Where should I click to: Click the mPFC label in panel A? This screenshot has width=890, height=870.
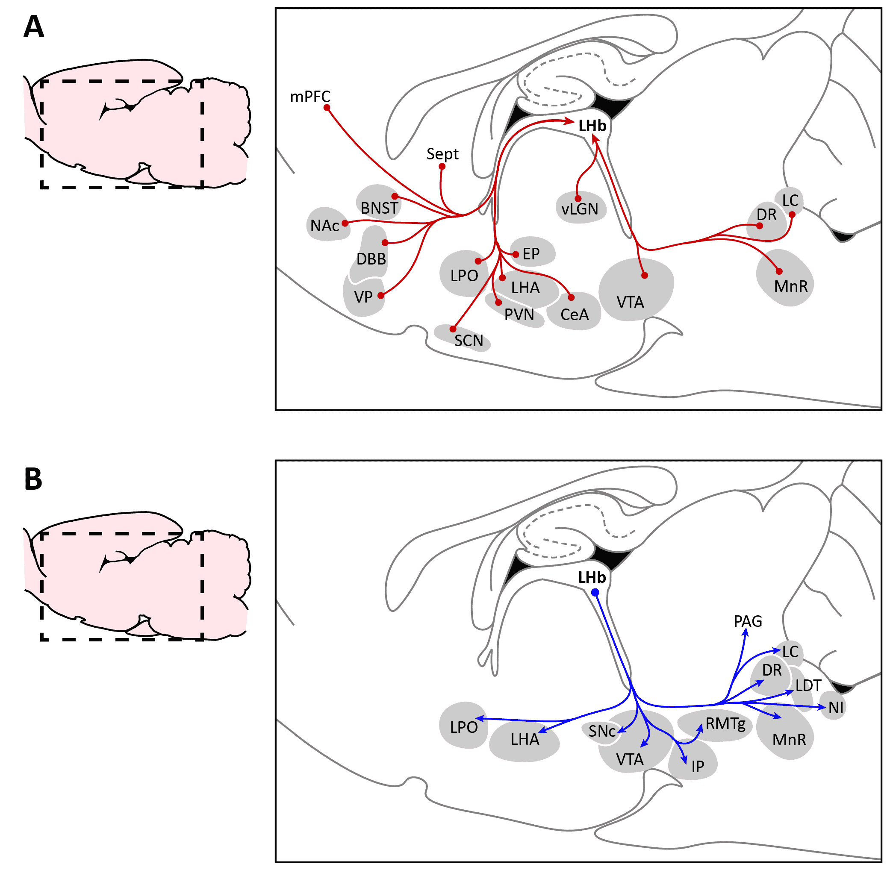point(310,97)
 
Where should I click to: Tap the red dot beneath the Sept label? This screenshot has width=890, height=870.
point(442,167)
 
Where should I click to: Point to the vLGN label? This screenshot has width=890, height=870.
point(580,209)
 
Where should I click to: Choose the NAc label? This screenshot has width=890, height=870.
point(325,226)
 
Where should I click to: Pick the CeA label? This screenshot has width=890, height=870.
point(575,315)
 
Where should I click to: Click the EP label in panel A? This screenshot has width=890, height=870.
point(531,254)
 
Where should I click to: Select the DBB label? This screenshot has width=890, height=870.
point(371,259)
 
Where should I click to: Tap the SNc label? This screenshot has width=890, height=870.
point(602,732)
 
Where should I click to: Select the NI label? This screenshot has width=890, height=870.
point(837,708)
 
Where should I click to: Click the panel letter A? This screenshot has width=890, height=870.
point(34,27)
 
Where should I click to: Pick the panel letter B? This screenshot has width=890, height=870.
point(33,480)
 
